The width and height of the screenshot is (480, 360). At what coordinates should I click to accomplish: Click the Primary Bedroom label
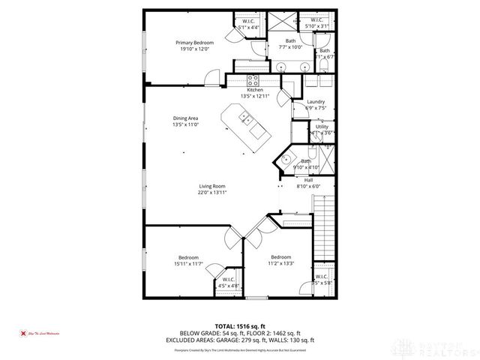click(x=195, y=43)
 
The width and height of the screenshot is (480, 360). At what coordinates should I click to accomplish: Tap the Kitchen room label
click(x=255, y=89)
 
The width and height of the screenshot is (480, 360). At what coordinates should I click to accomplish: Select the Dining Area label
click(x=186, y=118)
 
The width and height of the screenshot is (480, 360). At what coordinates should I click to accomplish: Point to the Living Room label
click(x=212, y=186)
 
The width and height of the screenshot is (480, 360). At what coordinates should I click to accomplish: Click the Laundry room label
click(x=316, y=101)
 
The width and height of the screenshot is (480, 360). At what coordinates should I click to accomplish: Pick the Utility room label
click(x=322, y=127)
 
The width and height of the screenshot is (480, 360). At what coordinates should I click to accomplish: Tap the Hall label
click(x=308, y=180)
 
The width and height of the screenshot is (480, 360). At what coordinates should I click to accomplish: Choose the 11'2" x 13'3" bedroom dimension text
click(x=281, y=263)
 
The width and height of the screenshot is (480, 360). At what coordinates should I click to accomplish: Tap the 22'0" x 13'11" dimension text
click(x=212, y=192)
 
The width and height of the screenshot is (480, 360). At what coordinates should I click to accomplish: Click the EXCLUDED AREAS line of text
click(x=240, y=340)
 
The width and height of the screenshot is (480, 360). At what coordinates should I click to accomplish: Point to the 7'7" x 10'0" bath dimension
click(x=290, y=47)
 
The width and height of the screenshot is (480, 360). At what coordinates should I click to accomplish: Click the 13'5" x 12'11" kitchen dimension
click(x=255, y=95)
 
